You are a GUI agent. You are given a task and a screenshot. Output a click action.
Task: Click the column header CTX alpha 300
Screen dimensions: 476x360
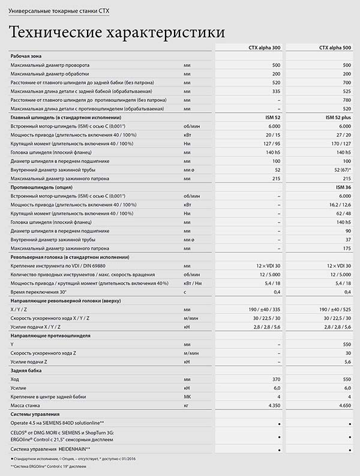pos(265,47)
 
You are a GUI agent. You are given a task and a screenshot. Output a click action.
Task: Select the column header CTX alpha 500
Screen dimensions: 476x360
pos(335,47)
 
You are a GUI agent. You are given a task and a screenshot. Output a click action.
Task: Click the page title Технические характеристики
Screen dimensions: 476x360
pos(118,31)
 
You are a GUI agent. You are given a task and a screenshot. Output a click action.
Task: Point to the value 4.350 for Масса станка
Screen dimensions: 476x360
pos(271,405)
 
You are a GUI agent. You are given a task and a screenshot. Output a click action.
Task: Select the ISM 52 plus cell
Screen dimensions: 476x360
pos(337,118)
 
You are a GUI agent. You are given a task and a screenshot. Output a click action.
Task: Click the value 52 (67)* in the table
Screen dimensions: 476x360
pos(339,170)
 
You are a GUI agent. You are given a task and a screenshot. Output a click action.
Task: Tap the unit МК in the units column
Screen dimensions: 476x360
pos(188,397)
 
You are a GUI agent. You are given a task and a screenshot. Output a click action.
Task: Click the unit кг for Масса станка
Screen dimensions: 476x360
pos(187,405)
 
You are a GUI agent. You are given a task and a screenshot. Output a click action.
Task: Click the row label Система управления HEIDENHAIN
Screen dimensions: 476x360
pos(50,448)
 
